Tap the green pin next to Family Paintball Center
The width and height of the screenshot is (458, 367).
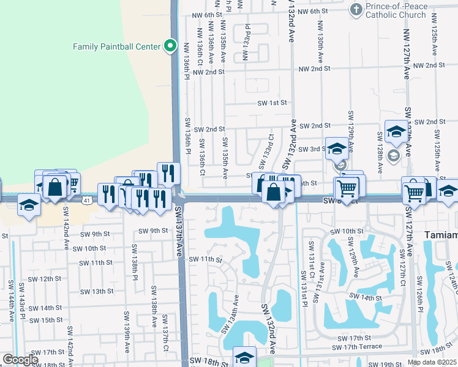coord(170,46)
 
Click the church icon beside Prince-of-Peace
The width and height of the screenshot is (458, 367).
coord(356,9)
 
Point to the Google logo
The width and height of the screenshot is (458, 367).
coord(20,360)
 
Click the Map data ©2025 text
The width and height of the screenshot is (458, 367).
coord(432,362)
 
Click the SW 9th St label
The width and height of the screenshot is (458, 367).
coord(152,231)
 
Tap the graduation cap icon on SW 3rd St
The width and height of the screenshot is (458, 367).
coord(336,149)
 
